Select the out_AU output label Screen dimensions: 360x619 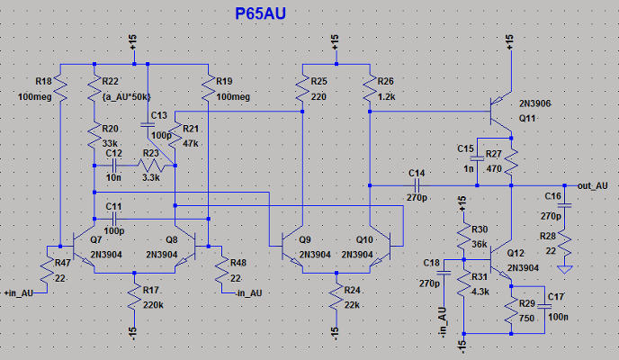(x=592, y=184)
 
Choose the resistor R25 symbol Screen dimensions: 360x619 (x=302, y=88)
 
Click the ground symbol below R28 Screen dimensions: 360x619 (x=564, y=268)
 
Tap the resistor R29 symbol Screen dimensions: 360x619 (x=510, y=312)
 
